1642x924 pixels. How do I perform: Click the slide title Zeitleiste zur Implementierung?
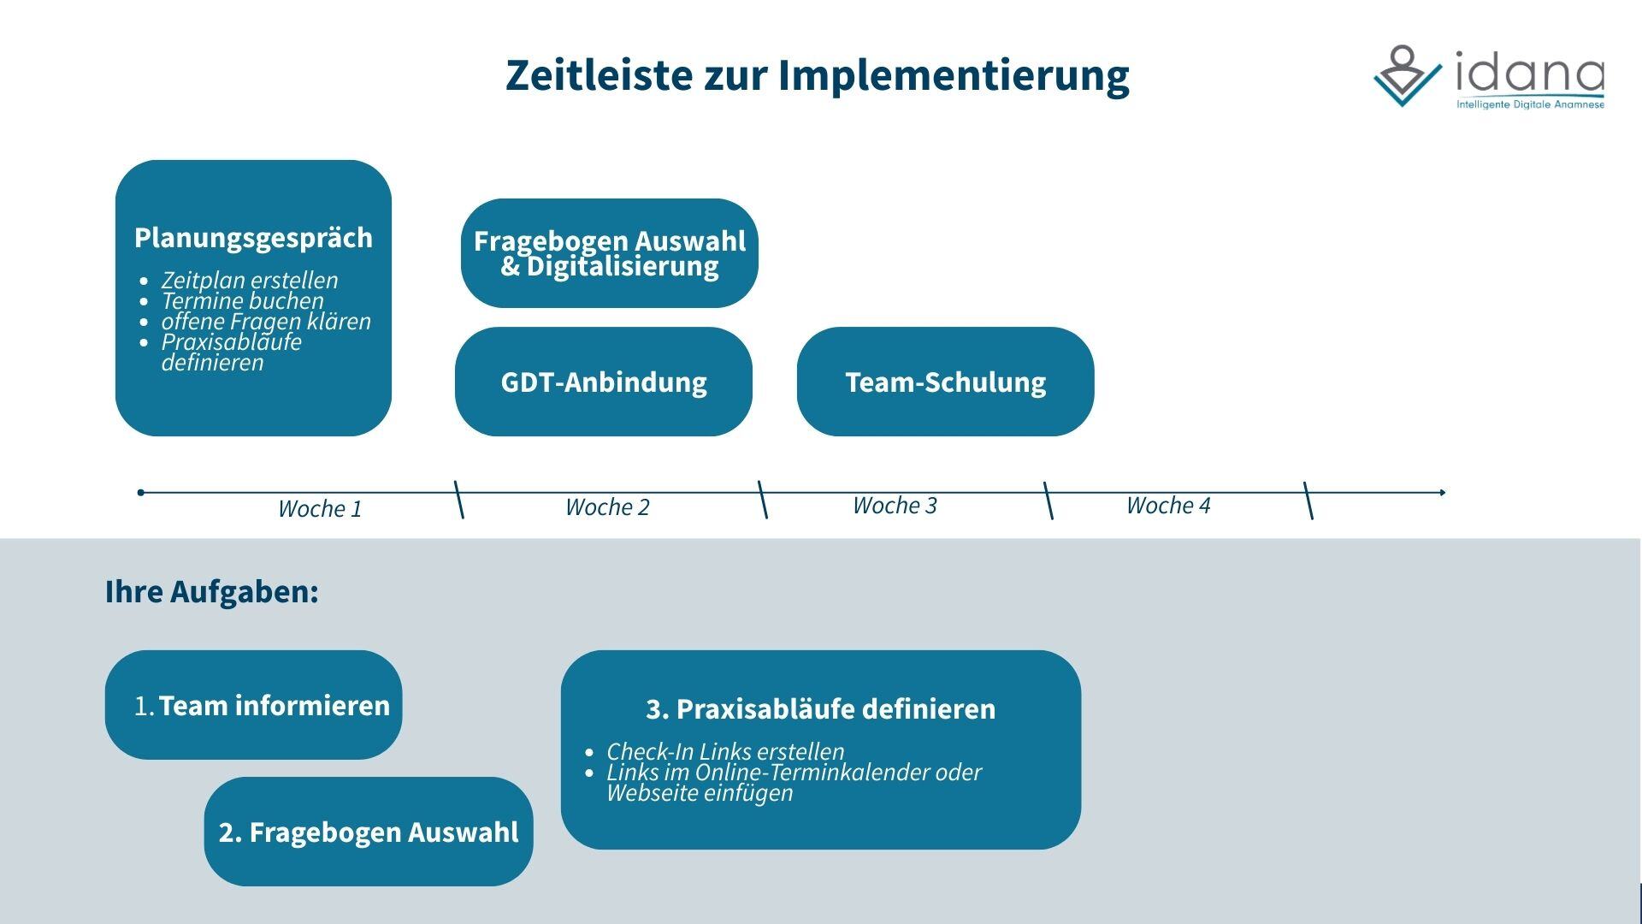pos(817,75)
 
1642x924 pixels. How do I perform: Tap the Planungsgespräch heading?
pos(253,239)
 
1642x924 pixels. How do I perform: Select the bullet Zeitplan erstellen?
pos(250,280)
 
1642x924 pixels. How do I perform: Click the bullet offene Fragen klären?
pos(266,321)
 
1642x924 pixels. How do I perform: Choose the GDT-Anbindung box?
pos(604,382)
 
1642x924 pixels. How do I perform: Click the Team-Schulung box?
pos(945,382)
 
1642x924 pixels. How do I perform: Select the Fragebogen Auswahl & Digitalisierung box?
pos(609,253)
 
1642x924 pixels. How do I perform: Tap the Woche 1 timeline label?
pos(320,509)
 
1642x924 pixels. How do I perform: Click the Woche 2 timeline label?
pos(607,507)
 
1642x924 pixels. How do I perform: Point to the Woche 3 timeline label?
pos(895,506)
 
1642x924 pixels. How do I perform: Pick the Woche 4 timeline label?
pos(1168,506)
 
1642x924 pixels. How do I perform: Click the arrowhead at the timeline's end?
pos(1443,492)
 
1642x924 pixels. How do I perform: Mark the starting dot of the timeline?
pos(141,492)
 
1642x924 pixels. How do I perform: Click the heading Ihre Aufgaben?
pos(212,591)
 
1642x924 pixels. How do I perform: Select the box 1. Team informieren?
pos(253,705)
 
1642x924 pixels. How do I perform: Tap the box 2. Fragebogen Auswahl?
pos(369,832)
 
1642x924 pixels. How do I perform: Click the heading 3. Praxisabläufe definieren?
pos(821,709)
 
